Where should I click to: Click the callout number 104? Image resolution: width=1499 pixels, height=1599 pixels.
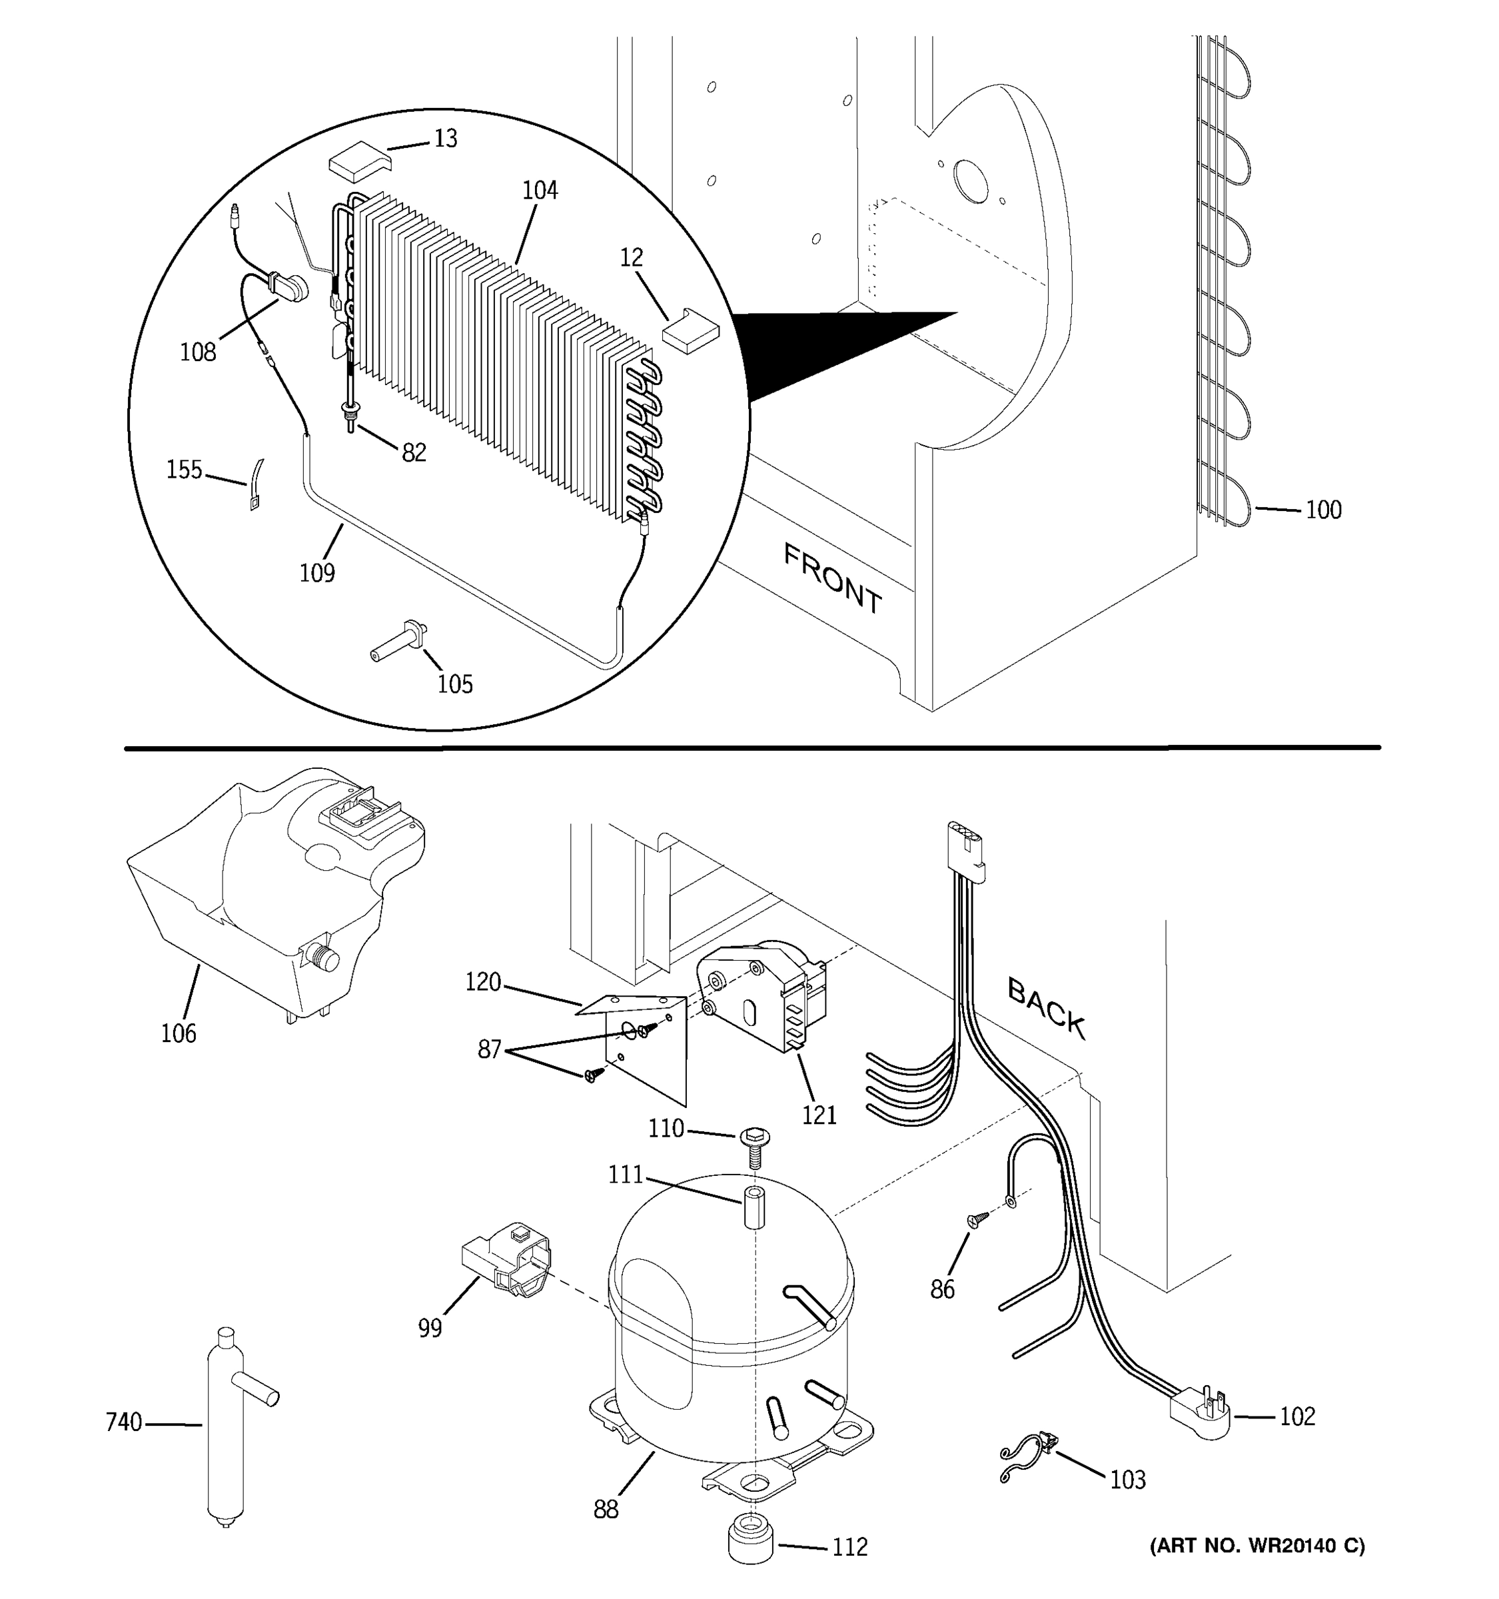540,191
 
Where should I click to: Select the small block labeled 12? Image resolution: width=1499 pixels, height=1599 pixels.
690,330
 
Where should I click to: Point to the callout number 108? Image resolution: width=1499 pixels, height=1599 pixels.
198,352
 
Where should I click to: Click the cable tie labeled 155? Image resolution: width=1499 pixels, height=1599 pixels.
256,486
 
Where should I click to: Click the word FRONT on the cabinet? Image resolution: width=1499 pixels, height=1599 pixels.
831,578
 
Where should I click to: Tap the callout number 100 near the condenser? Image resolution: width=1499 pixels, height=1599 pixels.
1323,510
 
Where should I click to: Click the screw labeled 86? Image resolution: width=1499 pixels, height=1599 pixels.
978,1221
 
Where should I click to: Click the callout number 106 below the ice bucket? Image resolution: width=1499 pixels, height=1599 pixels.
179,1033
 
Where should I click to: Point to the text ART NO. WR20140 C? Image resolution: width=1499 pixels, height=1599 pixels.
1257,1545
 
